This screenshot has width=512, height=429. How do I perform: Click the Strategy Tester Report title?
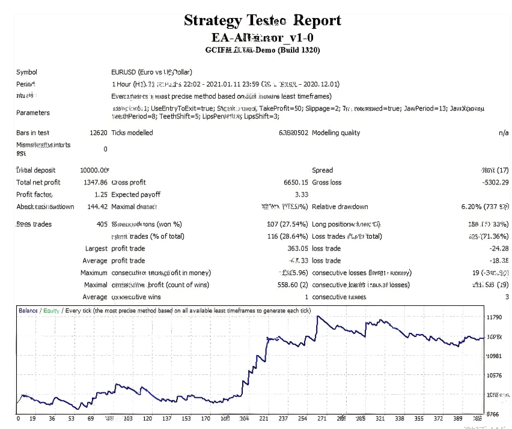(x=262, y=20)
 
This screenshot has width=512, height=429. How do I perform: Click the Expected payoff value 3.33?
(x=301, y=195)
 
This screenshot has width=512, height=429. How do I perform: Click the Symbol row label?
(x=26, y=72)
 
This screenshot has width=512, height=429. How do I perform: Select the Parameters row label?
(x=33, y=112)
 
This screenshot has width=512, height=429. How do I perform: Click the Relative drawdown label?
(x=340, y=207)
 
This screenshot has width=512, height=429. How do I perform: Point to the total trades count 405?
(x=101, y=224)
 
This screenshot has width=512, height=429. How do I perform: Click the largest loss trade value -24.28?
(x=499, y=248)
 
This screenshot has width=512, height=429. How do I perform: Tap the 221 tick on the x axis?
(x=264, y=418)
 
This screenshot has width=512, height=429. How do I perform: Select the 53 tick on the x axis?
(x=72, y=418)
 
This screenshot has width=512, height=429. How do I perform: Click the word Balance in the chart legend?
(x=28, y=311)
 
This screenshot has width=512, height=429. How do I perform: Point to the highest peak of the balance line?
(x=318, y=316)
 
